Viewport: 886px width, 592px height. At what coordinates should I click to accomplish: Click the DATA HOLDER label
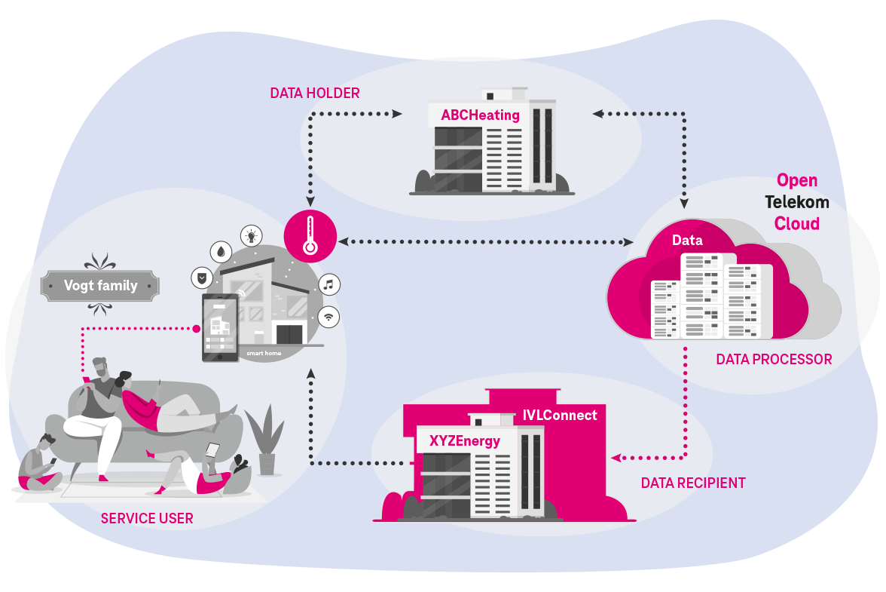[314, 94]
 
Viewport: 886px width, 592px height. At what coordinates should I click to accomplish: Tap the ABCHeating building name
[480, 115]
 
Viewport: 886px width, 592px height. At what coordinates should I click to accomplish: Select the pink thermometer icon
[309, 235]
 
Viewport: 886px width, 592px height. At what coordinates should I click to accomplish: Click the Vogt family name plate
[100, 286]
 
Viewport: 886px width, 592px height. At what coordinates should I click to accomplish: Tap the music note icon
[328, 284]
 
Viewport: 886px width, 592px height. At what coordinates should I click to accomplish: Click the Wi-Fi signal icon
[328, 317]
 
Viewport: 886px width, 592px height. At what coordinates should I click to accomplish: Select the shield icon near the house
[201, 278]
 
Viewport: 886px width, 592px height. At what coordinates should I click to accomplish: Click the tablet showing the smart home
[220, 327]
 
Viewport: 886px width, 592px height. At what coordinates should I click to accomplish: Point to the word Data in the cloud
[687, 241]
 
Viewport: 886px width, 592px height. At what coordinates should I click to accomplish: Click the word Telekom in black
[796, 202]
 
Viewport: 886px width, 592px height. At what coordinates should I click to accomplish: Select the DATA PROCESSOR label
[774, 360]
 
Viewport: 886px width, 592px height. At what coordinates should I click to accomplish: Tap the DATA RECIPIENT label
[692, 483]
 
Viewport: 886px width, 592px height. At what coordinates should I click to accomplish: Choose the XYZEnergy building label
[464, 441]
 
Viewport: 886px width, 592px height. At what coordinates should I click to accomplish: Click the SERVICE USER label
[147, 519]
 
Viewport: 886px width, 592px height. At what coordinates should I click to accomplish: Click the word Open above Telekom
[797, 181]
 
